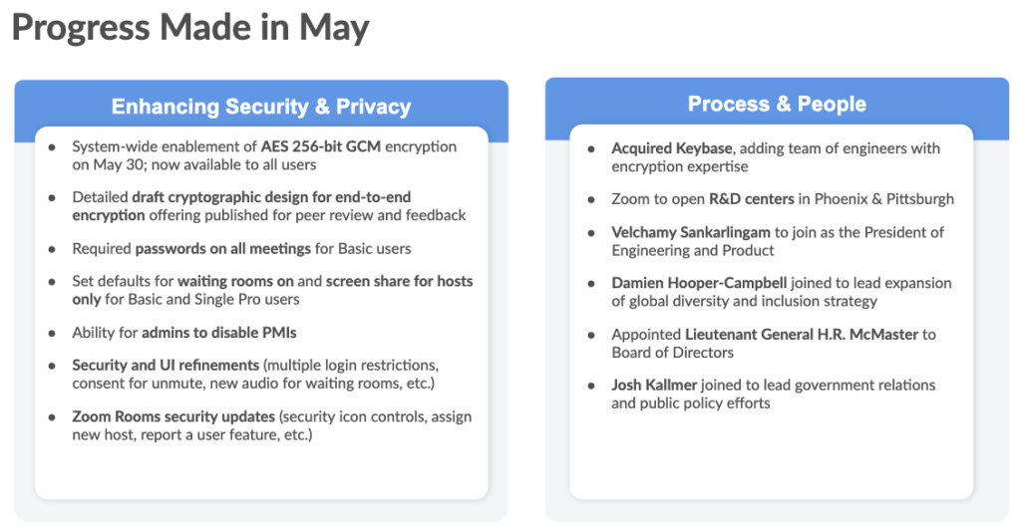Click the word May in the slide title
click(x=334, y=29)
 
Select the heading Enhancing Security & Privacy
click(x=261, y=106)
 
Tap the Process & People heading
click(x=777, y=104)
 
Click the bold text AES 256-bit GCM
click(x=321, y=146)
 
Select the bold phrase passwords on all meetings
click(x=222, y=248)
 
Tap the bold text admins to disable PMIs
click(x=218, y=333)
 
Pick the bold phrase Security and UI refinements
click(x=166, y=365)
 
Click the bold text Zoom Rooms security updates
click(x=173, y=416)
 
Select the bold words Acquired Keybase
click(x=672, y=148)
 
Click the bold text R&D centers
click(x=752, y=198)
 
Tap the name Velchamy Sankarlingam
click(x=691, y=232)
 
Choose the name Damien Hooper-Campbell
click(x=699, y=283)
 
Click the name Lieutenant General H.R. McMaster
click(x=802, y=335)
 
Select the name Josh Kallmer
click(x=654, y=385)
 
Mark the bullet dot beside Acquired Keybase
click(x=591, y=148)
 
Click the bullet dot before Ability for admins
click(x=52, y=333)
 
